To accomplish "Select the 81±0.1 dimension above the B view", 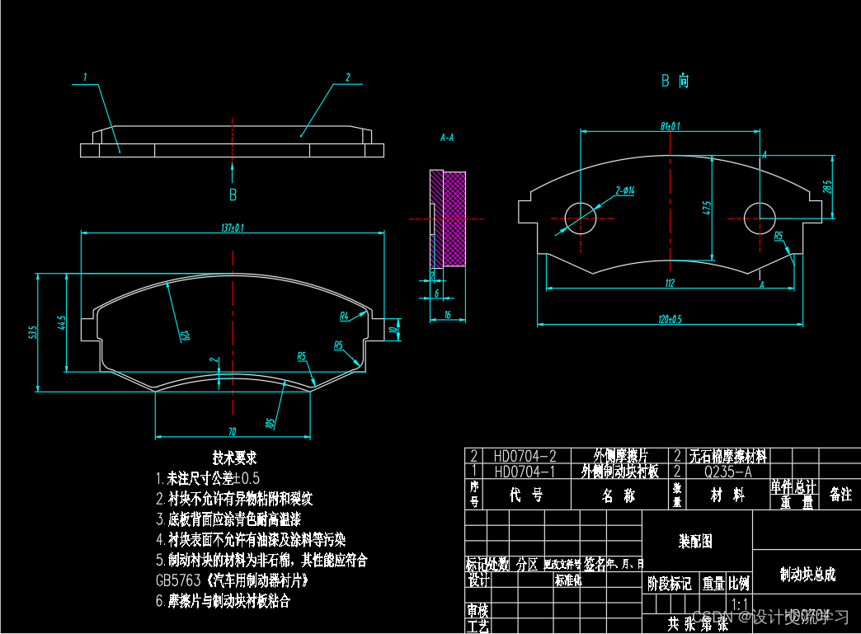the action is click(670, 126).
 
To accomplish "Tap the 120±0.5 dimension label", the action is click(670, 319).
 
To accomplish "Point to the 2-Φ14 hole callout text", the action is click(624, 190).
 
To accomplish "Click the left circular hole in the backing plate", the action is click(581, 218).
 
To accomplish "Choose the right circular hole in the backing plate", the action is click(760, 218).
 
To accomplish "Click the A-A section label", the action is click(448, 138).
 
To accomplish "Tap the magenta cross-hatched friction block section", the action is click(454, 218).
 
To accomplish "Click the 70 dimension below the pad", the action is click(233, 431).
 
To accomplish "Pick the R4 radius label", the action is click(345, 316).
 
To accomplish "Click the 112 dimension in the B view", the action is click(669, 284).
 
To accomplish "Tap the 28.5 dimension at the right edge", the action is click(827, 187).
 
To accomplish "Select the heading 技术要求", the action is click(235, 458).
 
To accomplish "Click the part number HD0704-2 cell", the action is click(525, 456).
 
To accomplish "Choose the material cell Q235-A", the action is click(727, 472).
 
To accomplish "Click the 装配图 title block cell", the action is click(695, 542).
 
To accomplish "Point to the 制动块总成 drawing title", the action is click(807, 574).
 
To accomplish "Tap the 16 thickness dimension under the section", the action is click(446, 315).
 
